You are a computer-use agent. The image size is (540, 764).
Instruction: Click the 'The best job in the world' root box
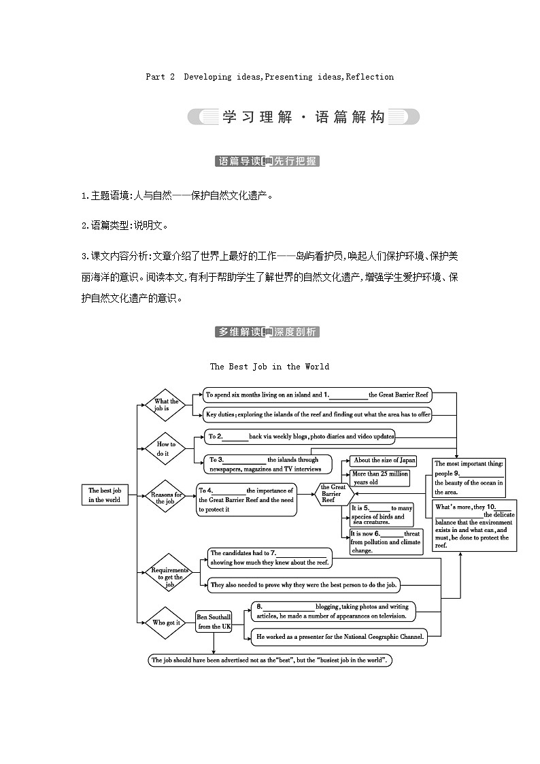coord(104,495)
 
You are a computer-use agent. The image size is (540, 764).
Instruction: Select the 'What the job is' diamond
coord(165,405)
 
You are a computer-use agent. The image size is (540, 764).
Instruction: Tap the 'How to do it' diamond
coord(165,448)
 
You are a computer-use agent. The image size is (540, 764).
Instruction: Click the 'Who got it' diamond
coord(165,622)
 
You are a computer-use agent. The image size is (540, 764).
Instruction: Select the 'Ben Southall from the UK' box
coord(214,622)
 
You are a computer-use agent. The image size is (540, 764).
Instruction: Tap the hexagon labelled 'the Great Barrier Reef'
coord(333,493)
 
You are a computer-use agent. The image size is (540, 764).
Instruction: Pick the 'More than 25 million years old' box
coord(379,478)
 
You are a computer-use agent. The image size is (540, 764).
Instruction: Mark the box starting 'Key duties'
coord(318,414)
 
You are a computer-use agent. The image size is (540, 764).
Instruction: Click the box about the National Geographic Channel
coord(339,637)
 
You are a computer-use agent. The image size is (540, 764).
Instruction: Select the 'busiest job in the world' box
coord(270,660)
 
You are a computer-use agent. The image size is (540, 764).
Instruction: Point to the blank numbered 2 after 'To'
coord(235,437)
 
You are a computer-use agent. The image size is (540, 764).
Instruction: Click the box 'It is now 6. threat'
coord(386,542)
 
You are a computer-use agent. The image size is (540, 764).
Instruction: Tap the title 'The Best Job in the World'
coord(269,367)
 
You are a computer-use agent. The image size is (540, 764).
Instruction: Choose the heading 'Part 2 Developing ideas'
coord(269,77)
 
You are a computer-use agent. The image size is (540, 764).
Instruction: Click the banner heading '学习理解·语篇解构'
coord(303,117)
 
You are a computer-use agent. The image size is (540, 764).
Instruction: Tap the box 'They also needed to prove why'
coord(304,584)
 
